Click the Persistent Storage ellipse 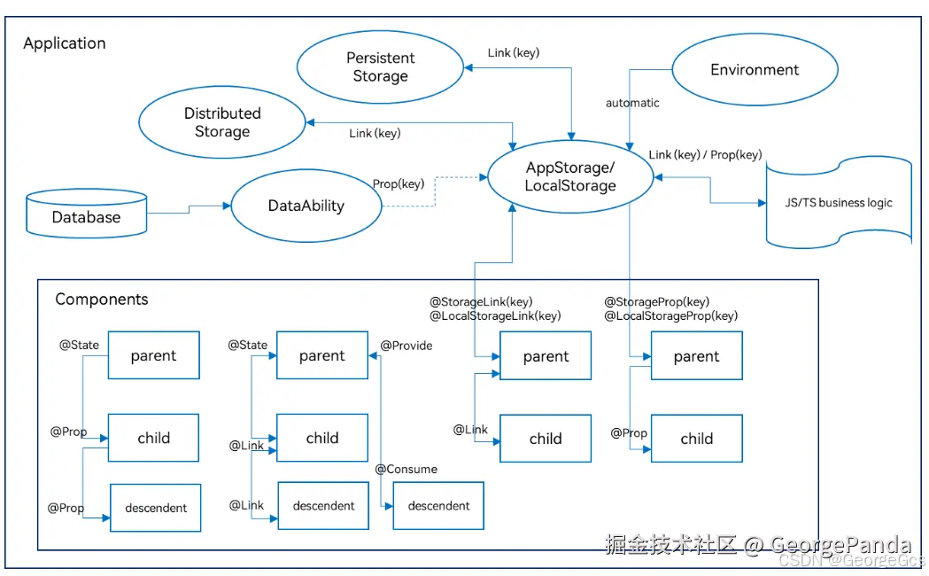pyautogui.click(x=380, y=67)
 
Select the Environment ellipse pyautogui.click(x=755, y=70)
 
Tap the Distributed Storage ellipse pyautogui.click(x=222, y=122)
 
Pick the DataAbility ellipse pyautogui.click(x=306, y=206)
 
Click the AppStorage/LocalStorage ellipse pyautogui.click(x=569, y=176)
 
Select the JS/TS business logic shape pyautogui.click(x=838, y=203)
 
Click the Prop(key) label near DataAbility pyautogui.click(x=399, y=184)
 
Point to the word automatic pyautogui.click(x=632, y=103)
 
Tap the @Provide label pyautogui.click(x=406, y=346)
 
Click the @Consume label pyautogui.click(x=406, y=469)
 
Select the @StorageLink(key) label pyautogui.click(x=481, y=302)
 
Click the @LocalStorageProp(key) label pyautogui.click(x=670, y=315)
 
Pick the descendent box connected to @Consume pyautogui.click(x=438, y=506)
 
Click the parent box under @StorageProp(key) pyautogui.click(x=696, y=356)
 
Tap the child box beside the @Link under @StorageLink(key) pyautogui.click(x=546, y=438)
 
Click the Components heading pyautogui.click(x=102, y=300)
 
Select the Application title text pyautogui.click(x=65, y=43)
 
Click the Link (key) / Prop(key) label pyautogui.click(x=705, y=155)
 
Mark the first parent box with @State pyautogui.click(x=153, y=355)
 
